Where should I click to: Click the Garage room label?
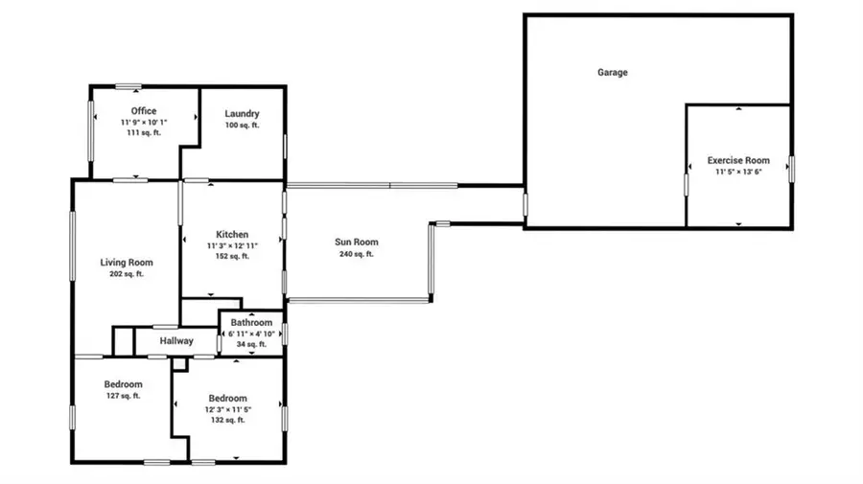point(613,72)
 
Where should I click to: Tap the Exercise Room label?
point(738,160)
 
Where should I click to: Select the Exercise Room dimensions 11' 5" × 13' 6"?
point(738,173)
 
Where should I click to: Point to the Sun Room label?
point(356,242)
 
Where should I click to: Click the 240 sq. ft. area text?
point(356,255)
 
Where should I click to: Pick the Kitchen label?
point(232,234)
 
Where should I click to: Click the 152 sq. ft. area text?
point(232,257)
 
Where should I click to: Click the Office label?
point(144,111)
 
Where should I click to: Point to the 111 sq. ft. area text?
point(144,133)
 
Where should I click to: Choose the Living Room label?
point(127,263)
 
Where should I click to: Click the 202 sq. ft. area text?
point(127,275)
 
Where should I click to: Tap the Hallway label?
point(176,340)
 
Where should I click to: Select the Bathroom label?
point(251,323)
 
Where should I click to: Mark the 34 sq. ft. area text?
point(251,344)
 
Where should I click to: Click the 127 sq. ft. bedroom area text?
point(124,396)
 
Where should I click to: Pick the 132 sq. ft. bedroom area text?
point(227,420)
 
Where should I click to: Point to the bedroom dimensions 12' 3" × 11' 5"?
point(227,409)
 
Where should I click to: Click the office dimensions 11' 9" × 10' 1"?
point(144,123)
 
